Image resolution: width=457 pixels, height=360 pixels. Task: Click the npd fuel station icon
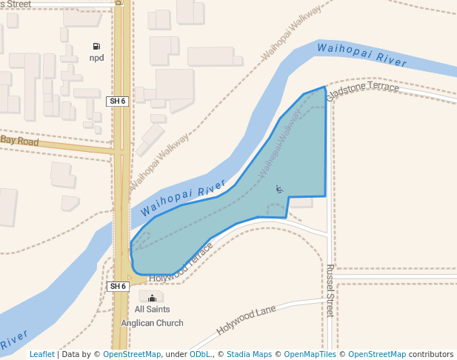coord(96,46)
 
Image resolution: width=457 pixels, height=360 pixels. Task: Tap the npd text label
coord(96,58)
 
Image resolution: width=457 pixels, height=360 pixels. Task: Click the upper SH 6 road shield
coord(118,101)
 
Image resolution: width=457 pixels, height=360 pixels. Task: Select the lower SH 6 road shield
coord(118,286)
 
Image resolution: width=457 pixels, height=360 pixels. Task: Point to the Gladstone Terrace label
coord(363,89)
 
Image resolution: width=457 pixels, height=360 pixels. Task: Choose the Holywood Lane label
coord(246,320)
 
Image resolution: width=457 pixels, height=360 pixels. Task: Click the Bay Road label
coord(19,140)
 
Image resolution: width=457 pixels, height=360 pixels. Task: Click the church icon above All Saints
coord(153,298)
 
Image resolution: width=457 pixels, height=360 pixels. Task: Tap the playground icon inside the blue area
coord(279,189)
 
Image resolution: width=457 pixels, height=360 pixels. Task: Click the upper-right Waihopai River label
coord(361,56)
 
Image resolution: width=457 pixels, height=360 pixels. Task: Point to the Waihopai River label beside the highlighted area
coord(183,198)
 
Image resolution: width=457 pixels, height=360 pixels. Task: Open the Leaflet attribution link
coord(42,354)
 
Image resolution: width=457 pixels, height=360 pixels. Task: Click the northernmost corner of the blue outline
coord(324,87)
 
